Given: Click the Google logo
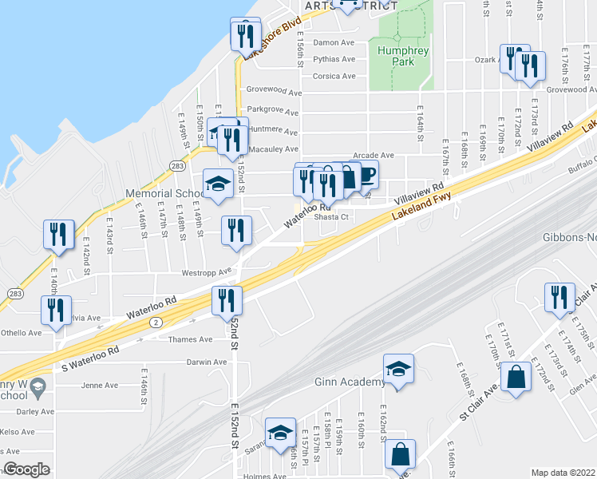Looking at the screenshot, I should (x=26, y=470).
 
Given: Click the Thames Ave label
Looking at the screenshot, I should (x=191, y=339).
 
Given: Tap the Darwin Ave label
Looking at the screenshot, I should (x=206, y=362).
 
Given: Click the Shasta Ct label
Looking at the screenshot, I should (x=334, y=216).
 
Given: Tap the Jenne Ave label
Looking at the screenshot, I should (x=99, y=385).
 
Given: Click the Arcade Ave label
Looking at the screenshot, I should (x=374, y=155).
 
